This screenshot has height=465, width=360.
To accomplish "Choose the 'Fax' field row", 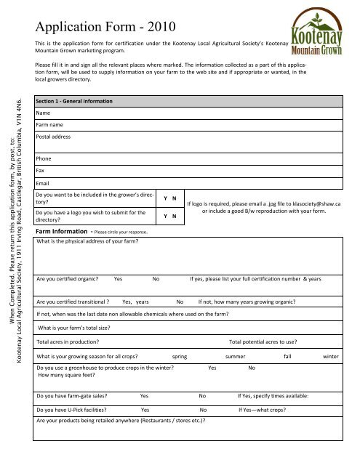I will [x=196, y=169].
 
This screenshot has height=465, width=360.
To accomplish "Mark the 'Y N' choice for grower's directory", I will [x=167, y=198].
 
